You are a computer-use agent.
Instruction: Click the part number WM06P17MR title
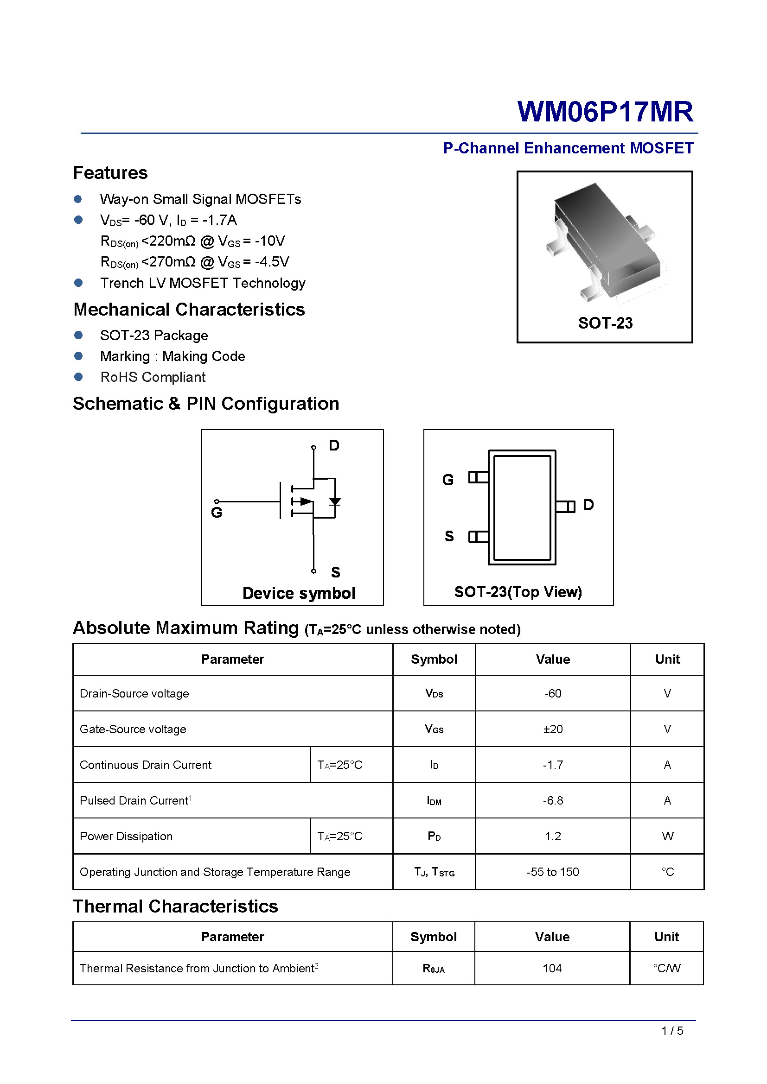[x=605, y=112]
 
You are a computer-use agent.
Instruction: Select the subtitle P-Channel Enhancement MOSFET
[x=568, y=148]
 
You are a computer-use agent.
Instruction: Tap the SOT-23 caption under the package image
[x=605, y=323]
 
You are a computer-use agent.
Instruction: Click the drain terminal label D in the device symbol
[x=334, y=445]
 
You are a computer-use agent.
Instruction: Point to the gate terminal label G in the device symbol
[x=216, y=512]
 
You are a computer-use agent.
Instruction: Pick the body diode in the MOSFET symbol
[x=335, y=501]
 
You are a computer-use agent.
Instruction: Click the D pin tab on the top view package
[x=565, y=507]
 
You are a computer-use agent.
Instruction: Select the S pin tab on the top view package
[x=478, y=537]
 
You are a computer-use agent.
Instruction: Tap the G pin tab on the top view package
[x=478, y=477]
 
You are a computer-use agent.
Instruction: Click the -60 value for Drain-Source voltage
[x=553, y=694]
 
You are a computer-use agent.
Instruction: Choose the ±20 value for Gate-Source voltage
[x=553, y=729]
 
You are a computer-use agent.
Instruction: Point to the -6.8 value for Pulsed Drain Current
[x=553, y=800]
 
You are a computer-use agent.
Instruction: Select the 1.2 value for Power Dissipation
[x=553, y=836]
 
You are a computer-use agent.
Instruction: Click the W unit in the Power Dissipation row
[x=667, y=836]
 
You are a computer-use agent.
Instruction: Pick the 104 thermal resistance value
[x=552, y=968]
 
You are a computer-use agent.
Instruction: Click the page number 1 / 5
[x=672, y=1031]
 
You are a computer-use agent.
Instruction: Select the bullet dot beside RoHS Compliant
[x=78, y=377]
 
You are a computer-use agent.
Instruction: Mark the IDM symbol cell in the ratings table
[x=434, y=801]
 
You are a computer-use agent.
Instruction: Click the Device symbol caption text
[x=299, y=593]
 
